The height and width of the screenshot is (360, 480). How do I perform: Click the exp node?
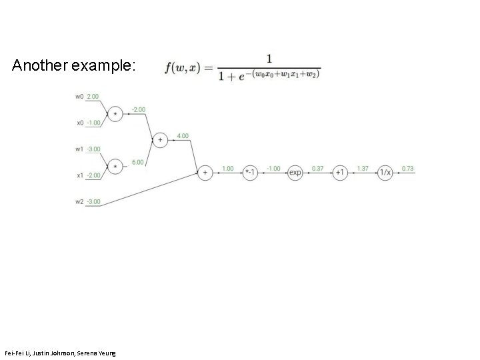click(x=295, y=172)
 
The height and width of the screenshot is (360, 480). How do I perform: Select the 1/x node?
click(x=385, y=172)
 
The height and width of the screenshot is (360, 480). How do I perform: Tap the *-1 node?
click(x=249, y=172)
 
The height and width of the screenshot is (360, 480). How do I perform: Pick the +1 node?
click(x=340, y=172)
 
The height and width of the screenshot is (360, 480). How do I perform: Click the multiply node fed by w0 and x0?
click(x=116, y=113)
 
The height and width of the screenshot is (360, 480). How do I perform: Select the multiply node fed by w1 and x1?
click(x=116, y=165)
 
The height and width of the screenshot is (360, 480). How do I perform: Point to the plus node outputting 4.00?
click(x=160, y=139)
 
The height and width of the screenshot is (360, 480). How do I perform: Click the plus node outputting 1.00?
click(x=205, y=172)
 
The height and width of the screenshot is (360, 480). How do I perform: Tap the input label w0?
click(x=79, y=96)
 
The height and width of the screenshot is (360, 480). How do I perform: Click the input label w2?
click(x=79, y=201)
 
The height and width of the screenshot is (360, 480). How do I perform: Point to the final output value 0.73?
click(x=407, y=169)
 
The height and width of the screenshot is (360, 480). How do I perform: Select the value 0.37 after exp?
click(x=318, y=169)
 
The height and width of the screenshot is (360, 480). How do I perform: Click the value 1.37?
click(x=363, y=169)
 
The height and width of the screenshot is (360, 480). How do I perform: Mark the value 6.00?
click(x=138, y=162)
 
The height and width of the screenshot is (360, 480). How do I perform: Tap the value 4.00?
click(x=182, y=136)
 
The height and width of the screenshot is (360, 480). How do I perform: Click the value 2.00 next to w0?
click(x=93, y=96)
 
